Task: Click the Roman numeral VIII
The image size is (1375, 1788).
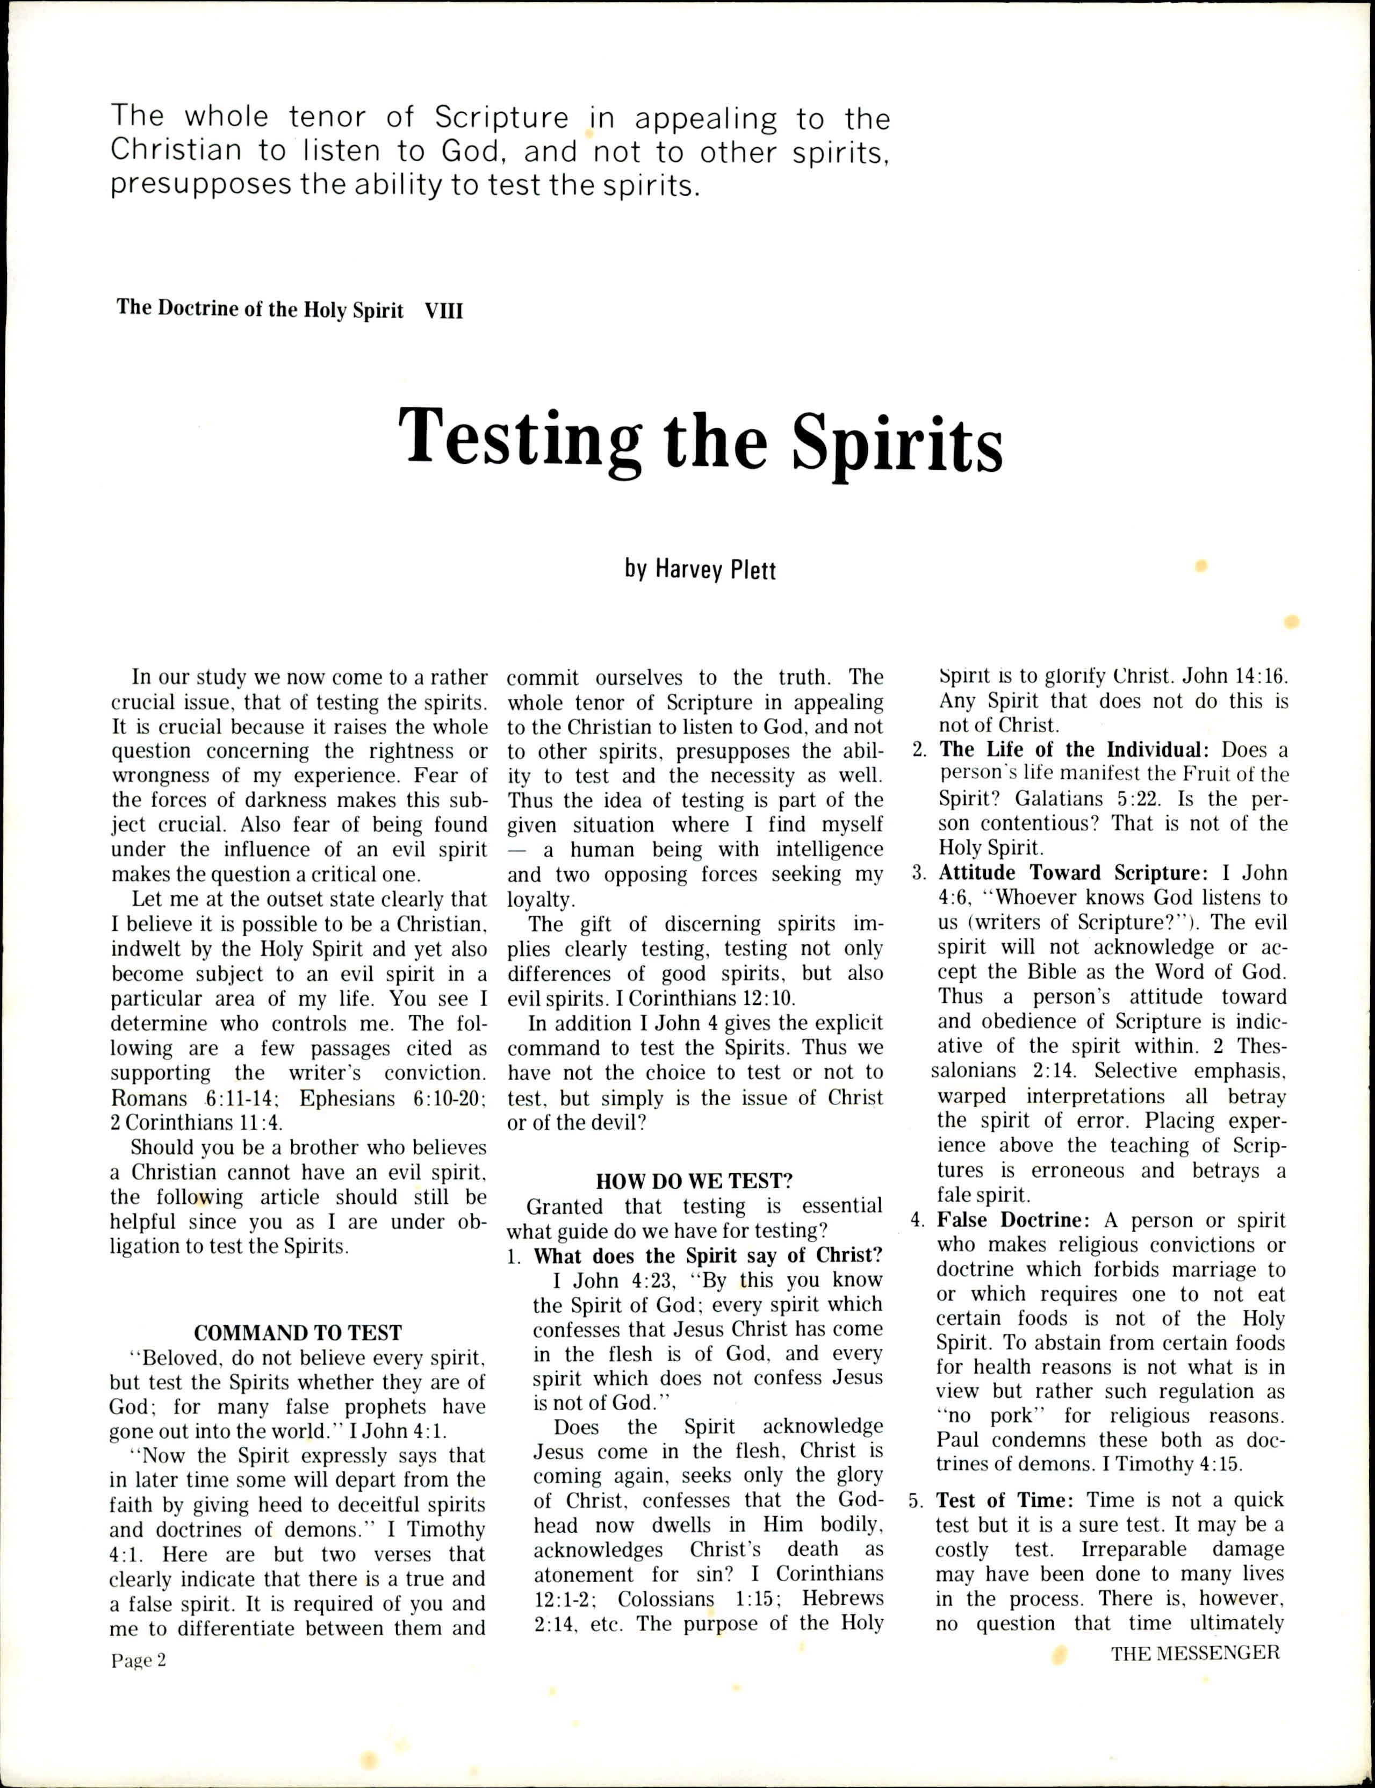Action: [444, 310]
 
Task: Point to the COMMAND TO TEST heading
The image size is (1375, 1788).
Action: [298, 1332]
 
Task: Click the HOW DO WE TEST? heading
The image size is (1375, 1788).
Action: [694, 1181]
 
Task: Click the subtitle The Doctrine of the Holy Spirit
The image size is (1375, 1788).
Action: [260, 310]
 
